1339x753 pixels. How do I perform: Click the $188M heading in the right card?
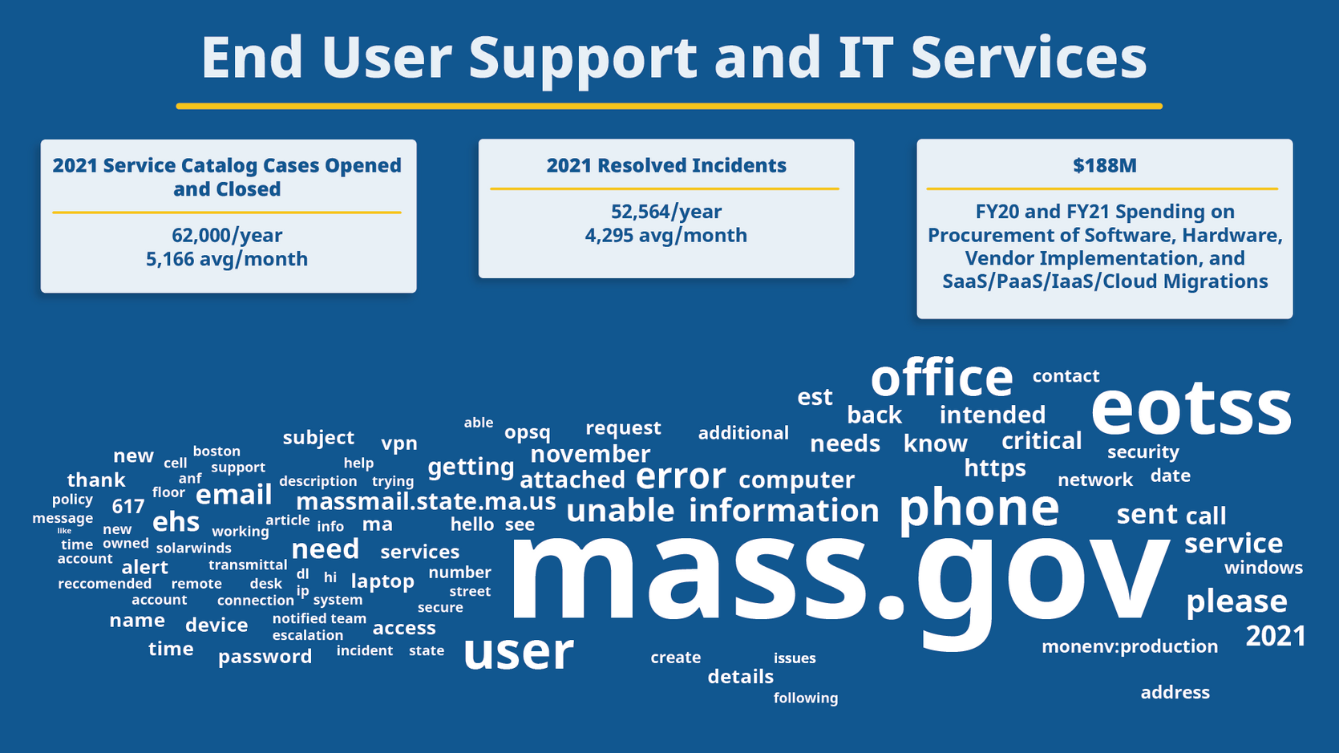pyautogui.click(x=1104, y=166)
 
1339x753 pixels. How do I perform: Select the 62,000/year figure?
pyautogui.click(x=227, y=236)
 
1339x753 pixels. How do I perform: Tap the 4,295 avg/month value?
pyautogui.click(x=665, y=236)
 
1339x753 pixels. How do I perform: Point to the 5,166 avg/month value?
pyautogui.click(x=227, y=259)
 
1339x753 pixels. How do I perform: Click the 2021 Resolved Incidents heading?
pyautogui.click(x=665, y=166)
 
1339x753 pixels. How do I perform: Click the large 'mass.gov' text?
pyautogui.click(x=838, y=573)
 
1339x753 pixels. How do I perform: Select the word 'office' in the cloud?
pyautogui.click(x=941, y=378)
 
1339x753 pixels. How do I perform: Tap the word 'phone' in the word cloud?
pyautogui.click(x=978, y=508)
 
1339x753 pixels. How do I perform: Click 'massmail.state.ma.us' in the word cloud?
pyautogui.click(x=426, y=502)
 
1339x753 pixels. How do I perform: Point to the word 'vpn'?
pyautogui.click(x=399, y=443)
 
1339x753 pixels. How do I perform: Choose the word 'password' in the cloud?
pyautogui.click(x=265, y=657)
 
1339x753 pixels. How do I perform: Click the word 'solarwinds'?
pyautogui.click(x=193, y=549)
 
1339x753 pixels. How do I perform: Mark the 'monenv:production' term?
pyautogui.click(x=1129, y=646)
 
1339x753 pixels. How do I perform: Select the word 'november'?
pyautogui.click(x=590, y=454)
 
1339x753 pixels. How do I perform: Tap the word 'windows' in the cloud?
pyautogui.click(x=1263, y=568)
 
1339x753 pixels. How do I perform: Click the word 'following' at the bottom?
pyautogui.click(x=805, y=698)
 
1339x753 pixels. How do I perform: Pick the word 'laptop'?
pyautogui.click(x=382, y=581)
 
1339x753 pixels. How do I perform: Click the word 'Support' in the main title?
pyautogui.click(x=583, y=58)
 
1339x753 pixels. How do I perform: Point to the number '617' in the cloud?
pyautogui.click(x=127, y=507)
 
